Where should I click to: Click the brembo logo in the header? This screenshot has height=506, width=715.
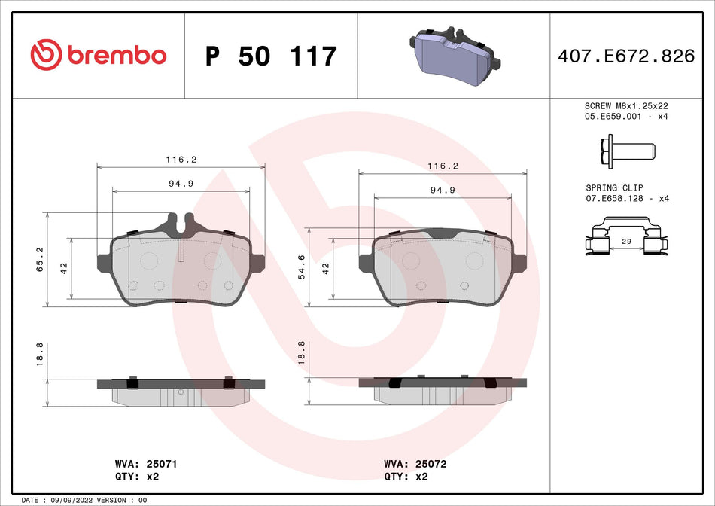(x=98, y=55)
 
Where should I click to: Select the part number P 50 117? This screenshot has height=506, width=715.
(x=271, y=56)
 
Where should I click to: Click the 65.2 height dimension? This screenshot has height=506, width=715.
(x=41, y=259)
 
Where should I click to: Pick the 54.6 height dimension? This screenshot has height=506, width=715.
(x=302, y=267)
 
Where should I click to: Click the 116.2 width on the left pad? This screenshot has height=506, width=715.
(x=181, y=160)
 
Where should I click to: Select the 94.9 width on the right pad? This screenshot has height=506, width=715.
(x=443, y=191)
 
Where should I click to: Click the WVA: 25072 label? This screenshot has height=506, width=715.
(x=415, y=465)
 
